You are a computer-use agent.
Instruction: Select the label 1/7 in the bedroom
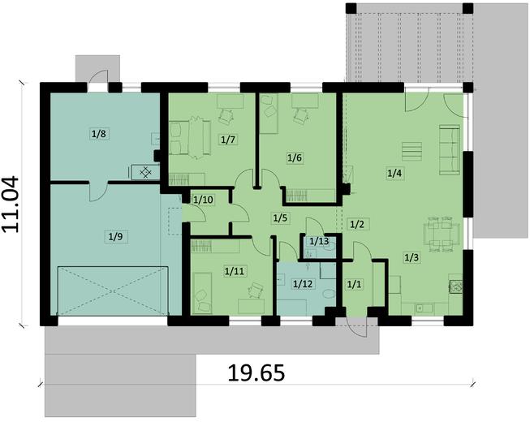(228, 140)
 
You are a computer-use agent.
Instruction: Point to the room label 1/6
(295, 157)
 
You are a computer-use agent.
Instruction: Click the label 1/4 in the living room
(394, 172)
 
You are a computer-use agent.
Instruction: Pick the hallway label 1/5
(280, 217)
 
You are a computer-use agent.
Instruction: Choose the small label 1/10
(203, 199)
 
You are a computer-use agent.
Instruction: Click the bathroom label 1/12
(302, 282)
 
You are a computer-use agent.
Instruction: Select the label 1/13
(319, 241)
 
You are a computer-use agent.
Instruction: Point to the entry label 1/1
(353, 284)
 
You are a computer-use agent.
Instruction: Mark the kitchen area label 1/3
(412, 258)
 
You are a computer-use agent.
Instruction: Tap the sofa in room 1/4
(447, 149)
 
